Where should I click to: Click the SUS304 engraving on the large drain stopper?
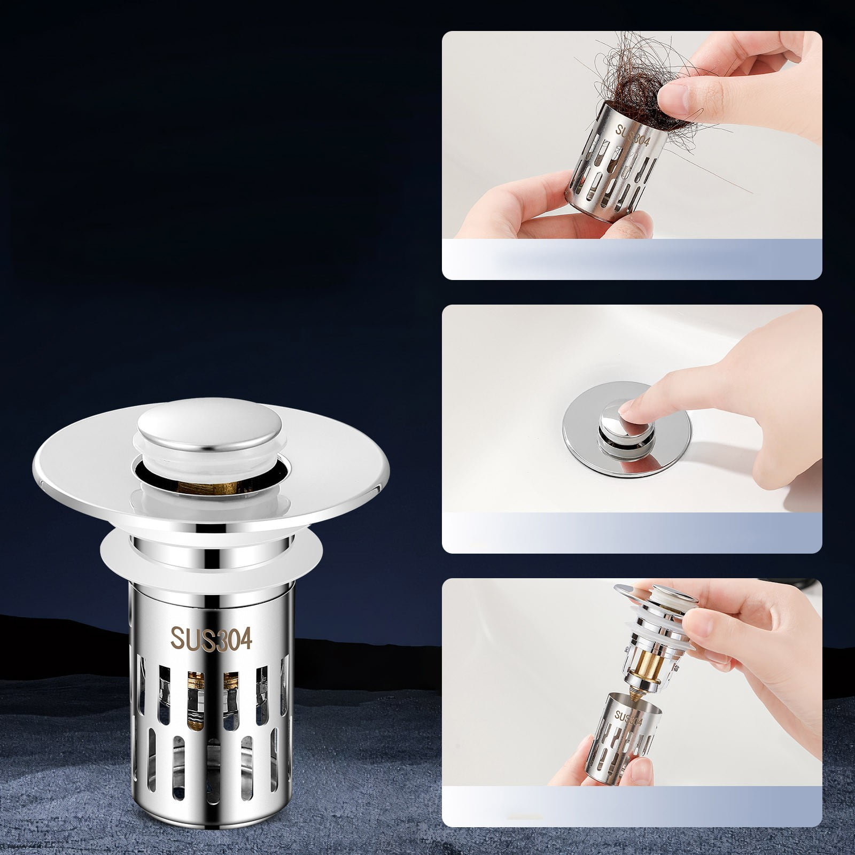(x=211, y=638)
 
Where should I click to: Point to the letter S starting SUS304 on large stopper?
(x=176, y=638)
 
